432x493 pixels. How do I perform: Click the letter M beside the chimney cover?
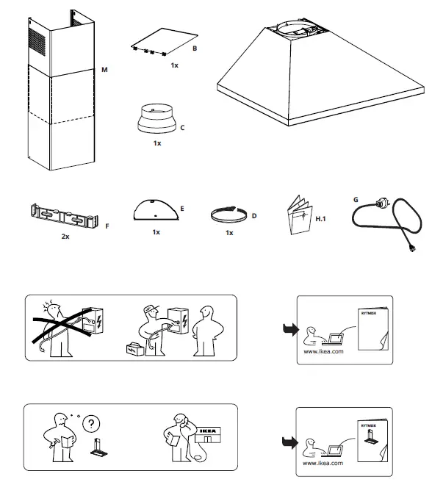[x=105, y=69]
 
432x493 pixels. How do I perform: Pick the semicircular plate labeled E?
[x=155, y=211]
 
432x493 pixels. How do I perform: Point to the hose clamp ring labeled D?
[x=228, y=215]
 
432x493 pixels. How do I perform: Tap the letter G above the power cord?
[x=356, y=198]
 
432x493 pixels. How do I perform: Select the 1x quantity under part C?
[x=156, y=143]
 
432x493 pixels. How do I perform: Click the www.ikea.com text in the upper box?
[x=323, y=352]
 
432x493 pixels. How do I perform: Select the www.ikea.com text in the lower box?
[x=323, y=465]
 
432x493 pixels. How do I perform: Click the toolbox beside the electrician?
[x=135, y=350]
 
